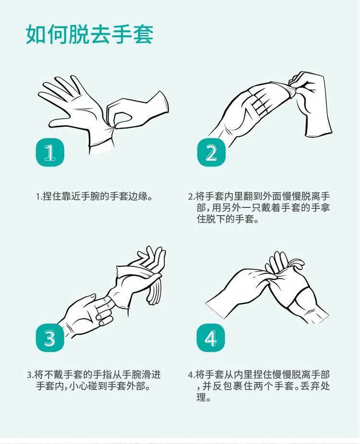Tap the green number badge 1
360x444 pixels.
click(x=50, y=152)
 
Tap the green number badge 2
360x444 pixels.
click(x=211, y=152)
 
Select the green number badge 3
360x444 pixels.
click(x=50, y=338)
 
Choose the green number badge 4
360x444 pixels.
click(x=211, y=338)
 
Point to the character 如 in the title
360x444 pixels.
click(x=36, y=34)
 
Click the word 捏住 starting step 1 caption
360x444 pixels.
click(x=52, y=197)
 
